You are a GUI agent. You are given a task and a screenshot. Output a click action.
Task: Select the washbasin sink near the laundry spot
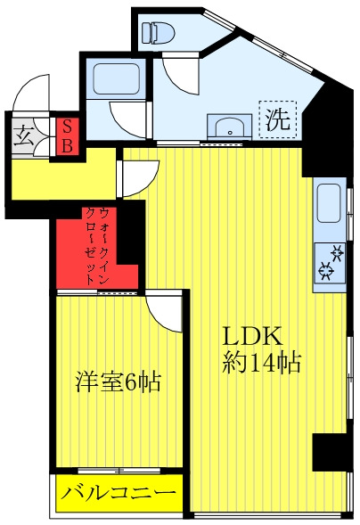(x=229, y=126)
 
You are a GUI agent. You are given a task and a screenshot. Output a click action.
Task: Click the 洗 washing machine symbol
(x=278, y=120)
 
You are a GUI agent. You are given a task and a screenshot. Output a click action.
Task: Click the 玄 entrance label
(x=24, y=138)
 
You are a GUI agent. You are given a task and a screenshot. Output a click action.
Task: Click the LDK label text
(x=252, y=337)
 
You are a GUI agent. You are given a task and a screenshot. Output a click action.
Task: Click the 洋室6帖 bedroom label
(x=117, y=383)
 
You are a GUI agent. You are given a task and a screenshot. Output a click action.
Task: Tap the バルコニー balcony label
(x=119, y=493)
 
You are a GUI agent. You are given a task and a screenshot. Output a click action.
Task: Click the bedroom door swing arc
(x=168, y=311)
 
